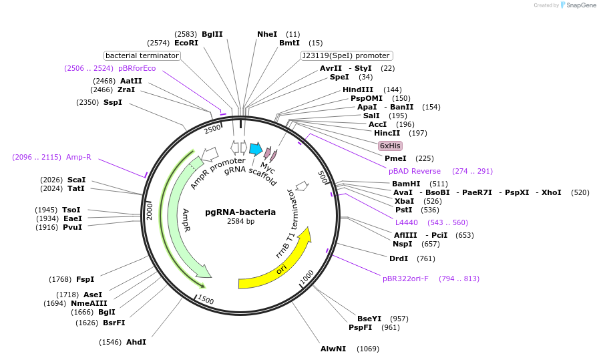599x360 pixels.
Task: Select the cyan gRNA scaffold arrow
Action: click(255, 148)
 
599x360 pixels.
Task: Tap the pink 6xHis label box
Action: click(390, 146)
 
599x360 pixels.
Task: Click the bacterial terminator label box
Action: click(142, 55)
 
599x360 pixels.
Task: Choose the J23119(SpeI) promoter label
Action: click(347, 55)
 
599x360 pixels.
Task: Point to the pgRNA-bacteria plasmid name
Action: click(240, 212)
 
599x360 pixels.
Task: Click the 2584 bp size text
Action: click(240, 221)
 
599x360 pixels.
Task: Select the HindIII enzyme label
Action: click(358, 89)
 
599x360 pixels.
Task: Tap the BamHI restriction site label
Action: click(406, 184)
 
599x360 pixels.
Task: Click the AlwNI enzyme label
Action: click(333, 349)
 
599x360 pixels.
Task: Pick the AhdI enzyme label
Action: click(136, 342)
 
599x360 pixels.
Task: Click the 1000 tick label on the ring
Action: click(307, 276)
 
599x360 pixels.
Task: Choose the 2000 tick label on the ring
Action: click(150, 210)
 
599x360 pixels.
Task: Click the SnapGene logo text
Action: click(578, 5)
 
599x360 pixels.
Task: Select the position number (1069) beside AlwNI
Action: click(368, 349)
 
